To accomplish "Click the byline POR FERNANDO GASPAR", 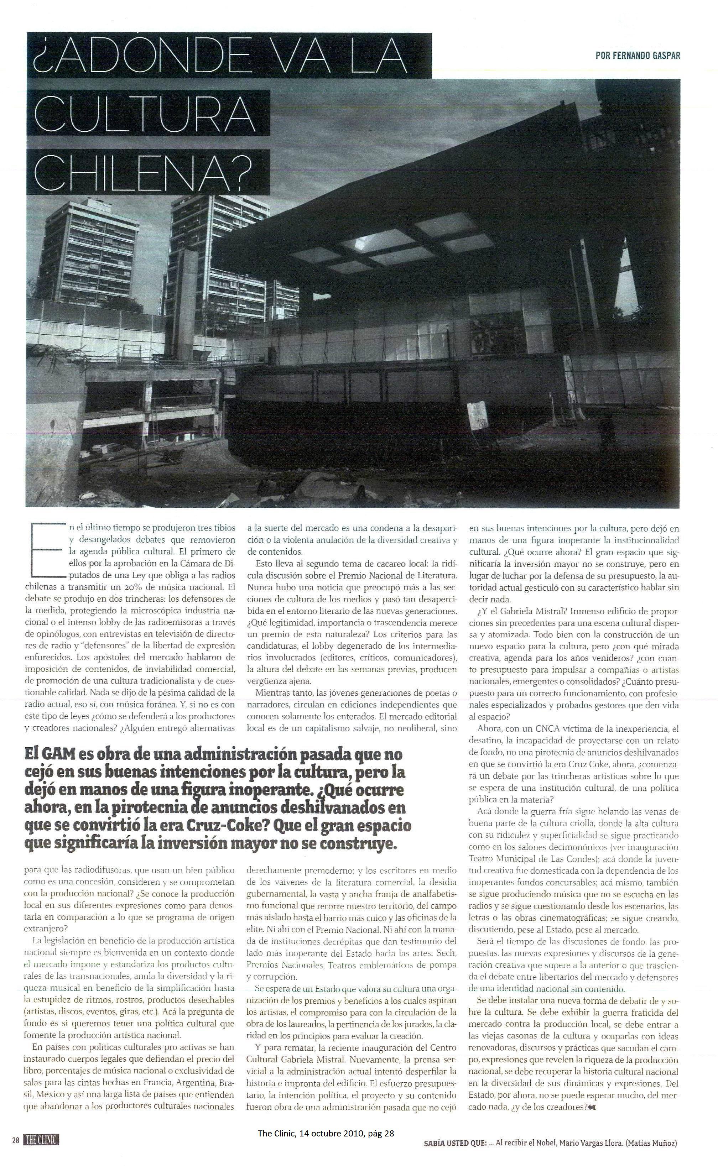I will point(637,56).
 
